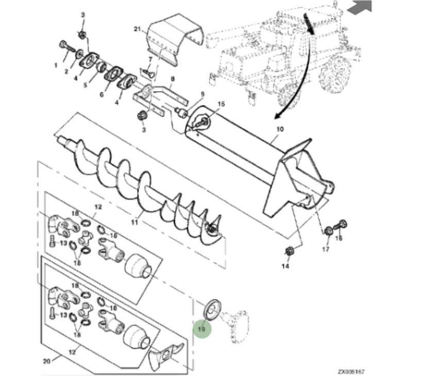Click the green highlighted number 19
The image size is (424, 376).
click(x=202, y=329)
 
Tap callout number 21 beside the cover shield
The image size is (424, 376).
click(x=138, y=29)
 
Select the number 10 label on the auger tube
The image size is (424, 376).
click(x=280, y=129)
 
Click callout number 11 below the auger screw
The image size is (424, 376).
click(x=134, y=223)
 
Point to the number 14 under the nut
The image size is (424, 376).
click(x=285, y=266)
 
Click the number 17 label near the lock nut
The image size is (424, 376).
click(x=326, y=249)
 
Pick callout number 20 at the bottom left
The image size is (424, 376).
click(x=47, y=361)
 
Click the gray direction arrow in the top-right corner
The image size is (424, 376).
click(x=360, y=7)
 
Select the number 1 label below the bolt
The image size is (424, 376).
click(x=56, y=65)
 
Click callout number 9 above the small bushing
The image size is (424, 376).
click(x=202, y=94)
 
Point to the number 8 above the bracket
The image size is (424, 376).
click(x=173, y=79)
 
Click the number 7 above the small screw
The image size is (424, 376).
click(x=150, y=59)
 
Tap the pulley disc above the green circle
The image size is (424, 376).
click(x=212, y=310)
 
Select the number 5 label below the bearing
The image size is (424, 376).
click(x=85, y=85)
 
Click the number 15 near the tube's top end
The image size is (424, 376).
click(x=221, y=104)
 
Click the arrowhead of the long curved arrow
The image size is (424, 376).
click(x=278, y=116)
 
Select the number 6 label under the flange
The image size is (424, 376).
click(x=101, y=95)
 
